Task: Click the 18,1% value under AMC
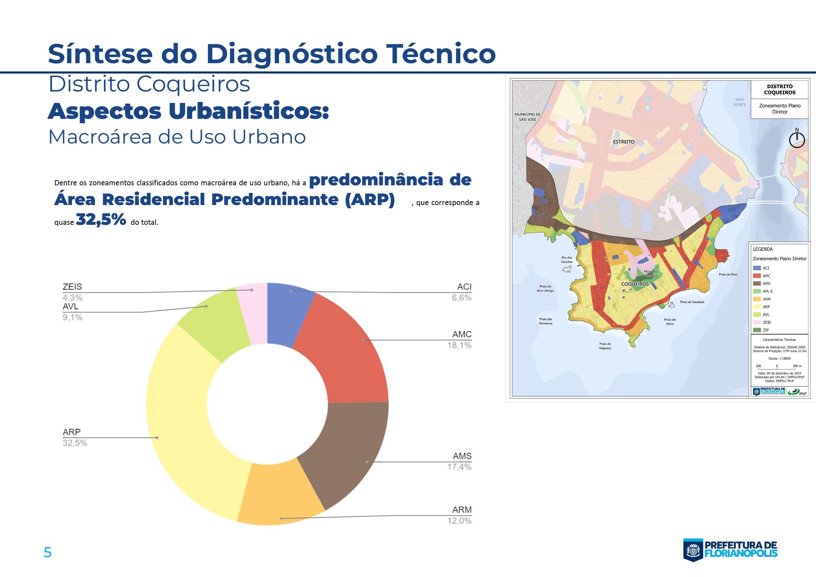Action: point(459,345)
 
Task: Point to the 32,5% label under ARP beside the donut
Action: point(75,443)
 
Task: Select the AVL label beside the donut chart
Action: point(70,306)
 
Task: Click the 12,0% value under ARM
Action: point(459,521)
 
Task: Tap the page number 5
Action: point(47,552)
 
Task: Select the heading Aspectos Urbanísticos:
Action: point(188,111)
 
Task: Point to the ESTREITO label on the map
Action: point(624,142)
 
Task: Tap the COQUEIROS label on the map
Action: point(635,284)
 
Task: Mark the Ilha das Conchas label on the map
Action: point(567,259)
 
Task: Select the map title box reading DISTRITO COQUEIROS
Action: point(780,90)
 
